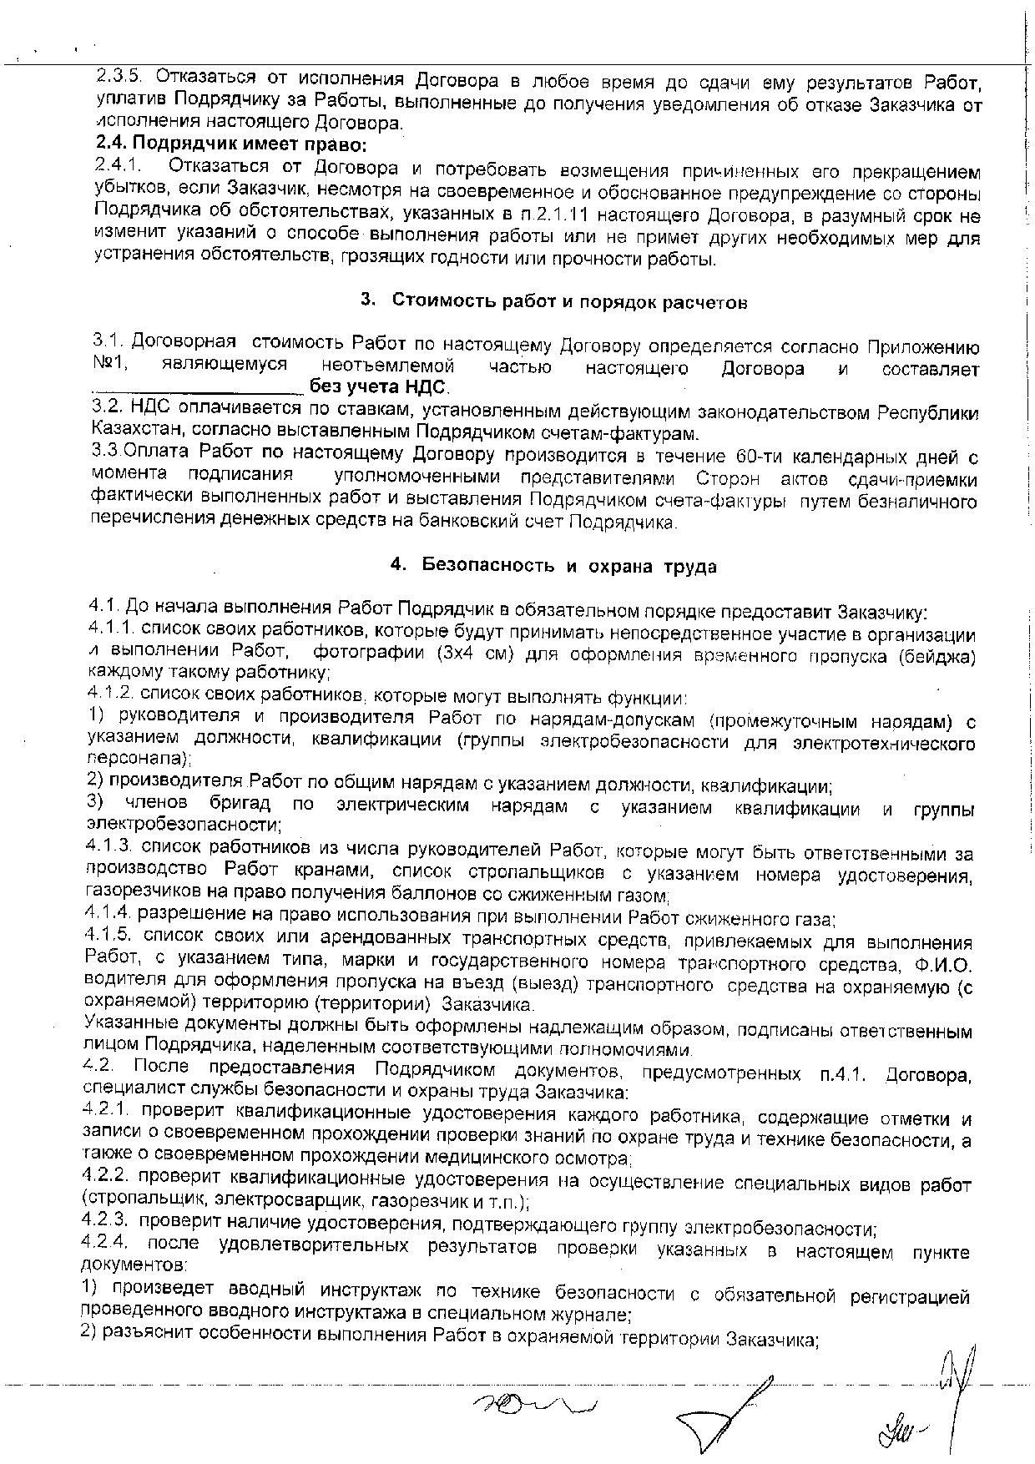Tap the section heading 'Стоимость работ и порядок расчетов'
[569, 301]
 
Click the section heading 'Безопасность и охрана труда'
[569, 566]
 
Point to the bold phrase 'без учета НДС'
[379, 386]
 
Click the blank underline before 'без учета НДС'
[199, 388]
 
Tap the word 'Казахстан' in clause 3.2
[130, 432]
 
